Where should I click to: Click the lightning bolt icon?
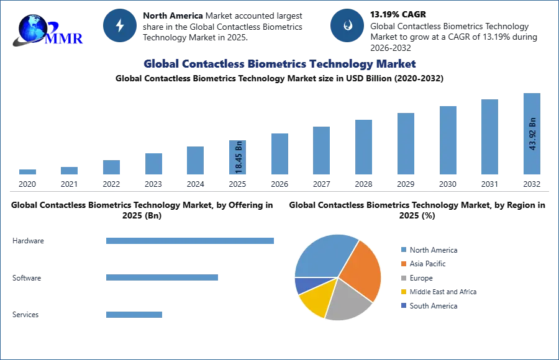120,25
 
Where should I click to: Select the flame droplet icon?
347,25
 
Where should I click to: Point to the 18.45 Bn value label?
239,159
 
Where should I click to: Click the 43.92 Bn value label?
532,134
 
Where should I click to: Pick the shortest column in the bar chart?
27,173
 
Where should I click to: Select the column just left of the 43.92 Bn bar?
489,138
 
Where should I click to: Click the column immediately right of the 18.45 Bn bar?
278,153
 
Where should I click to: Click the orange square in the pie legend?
402,264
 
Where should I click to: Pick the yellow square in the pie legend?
402,292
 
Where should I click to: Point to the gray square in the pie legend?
402,278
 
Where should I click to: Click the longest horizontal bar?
191,241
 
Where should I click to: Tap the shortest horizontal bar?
134,313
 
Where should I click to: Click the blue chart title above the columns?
279,64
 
